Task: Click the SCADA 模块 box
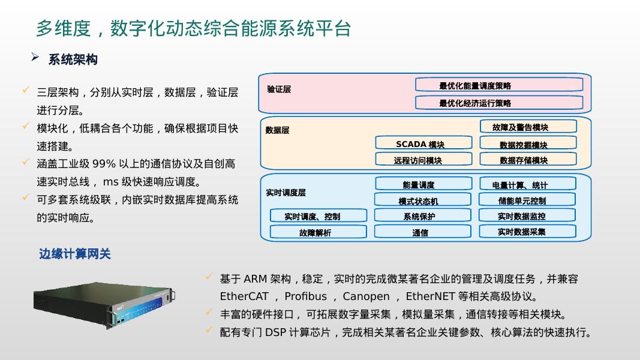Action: tap(419, 143)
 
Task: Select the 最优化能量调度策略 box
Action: tap(498, 85)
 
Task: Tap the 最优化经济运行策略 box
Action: tap(498, 103)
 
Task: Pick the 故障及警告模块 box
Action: tap(528, 127)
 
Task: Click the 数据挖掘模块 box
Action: tap(528, 144)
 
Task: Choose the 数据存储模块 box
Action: tap(528, 160)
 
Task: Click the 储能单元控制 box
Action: tap(527, 200)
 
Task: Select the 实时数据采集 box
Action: tap(527, 232)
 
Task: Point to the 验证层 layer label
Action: tap(279, 89)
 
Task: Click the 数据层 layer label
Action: tap(278, 130)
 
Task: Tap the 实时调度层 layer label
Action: tap(286, 193)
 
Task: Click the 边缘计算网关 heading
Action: tap(75, 254)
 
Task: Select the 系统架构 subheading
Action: tap(73, 59)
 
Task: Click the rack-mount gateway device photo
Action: tap(104, 305)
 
